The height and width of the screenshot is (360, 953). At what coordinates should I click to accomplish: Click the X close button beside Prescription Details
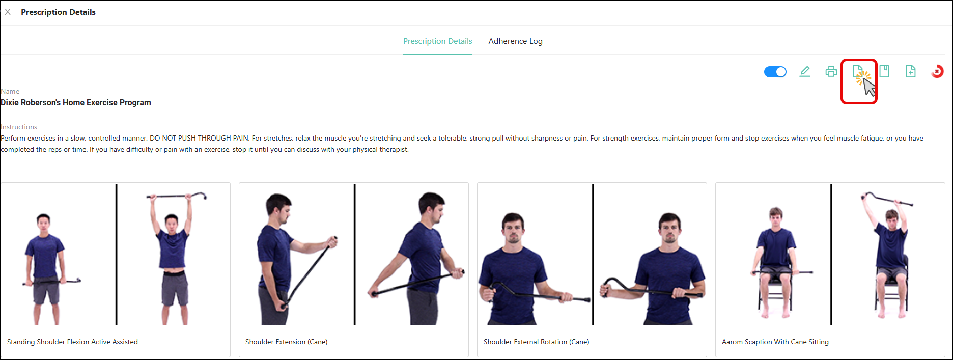coord(8,12)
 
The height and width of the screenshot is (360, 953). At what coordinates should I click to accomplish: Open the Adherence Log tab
coord(515,41)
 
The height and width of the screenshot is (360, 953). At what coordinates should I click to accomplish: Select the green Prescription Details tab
coord(438,41)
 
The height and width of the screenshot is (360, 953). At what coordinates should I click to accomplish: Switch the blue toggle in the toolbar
coord(775,72)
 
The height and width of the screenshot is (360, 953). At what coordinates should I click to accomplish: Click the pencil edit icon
coord(805,72)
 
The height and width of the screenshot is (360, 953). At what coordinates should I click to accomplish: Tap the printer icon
coord(831,72)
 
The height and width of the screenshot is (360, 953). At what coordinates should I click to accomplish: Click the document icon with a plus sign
coord(911,72)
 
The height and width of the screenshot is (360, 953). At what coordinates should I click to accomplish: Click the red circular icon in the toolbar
coord(937,72)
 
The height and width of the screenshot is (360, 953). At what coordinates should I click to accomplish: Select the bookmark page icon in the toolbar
coord(884,72)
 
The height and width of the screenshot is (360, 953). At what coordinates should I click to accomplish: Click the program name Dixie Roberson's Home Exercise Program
coord(76,102)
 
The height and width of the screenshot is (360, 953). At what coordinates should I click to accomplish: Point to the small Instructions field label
coord(19,127)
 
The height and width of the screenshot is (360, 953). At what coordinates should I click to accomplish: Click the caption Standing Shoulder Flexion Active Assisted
coord(72,342)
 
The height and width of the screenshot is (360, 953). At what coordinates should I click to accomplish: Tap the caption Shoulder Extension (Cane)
coord(286,342)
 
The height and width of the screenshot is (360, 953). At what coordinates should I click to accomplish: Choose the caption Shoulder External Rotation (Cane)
coord(536,342)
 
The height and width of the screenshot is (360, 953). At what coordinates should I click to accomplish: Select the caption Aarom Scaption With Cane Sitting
coord(775,342)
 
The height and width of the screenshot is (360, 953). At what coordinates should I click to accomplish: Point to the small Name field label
coord(10,91)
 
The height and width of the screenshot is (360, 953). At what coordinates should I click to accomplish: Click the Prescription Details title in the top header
coord(58,12)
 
